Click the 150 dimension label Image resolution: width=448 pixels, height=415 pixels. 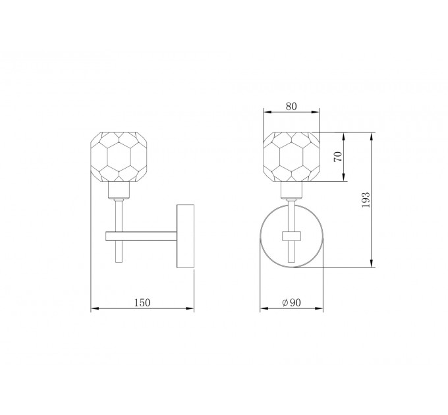point(142,302)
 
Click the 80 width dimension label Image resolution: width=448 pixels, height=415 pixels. point(291,106)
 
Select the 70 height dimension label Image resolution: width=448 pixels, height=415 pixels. point(338,157)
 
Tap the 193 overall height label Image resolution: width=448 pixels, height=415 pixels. point(366,200)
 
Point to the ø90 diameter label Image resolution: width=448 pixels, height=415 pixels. point(291,302)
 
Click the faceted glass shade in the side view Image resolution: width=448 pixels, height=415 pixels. point(119,157)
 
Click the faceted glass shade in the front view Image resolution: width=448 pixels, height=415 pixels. point(291,157)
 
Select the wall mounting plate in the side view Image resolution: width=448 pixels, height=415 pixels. point(185,236)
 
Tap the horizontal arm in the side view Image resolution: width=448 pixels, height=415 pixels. point(141,236)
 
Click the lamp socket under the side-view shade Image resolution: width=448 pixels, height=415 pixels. point(119,190)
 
